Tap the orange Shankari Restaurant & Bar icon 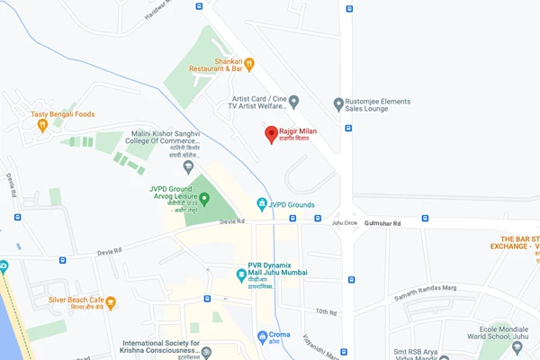tap(250, 63)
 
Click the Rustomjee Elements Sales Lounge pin tap(338, 103)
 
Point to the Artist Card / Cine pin tap(293, 101)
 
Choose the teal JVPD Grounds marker tap(262, 204)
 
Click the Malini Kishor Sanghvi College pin tap(188, 166)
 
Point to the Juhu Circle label tap(345, 222)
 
